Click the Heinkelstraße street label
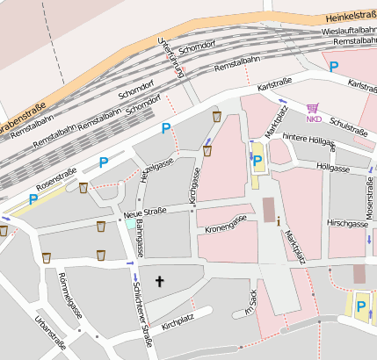[345, 15]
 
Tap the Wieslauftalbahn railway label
[344, 30]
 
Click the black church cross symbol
[160, 282]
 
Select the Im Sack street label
[250, 303]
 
